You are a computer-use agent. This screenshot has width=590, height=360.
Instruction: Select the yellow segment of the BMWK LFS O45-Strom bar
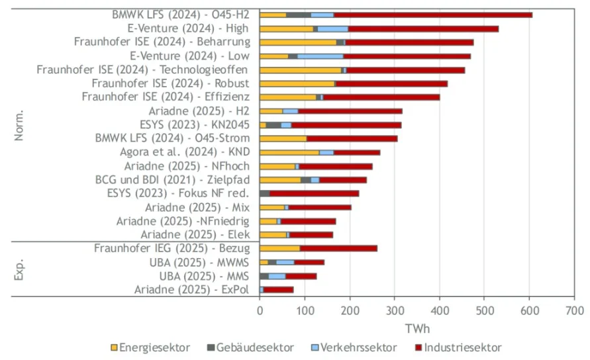coord(283,138)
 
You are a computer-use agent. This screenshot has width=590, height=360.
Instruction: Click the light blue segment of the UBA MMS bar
coord(277,276)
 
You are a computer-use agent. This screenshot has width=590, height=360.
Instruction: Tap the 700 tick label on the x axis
coord(574,310)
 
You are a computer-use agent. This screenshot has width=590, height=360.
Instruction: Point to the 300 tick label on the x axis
coord(395,310)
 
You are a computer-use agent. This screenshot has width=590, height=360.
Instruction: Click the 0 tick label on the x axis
coord(260,310)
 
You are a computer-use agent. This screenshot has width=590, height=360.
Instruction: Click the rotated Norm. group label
coord(19,124)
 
